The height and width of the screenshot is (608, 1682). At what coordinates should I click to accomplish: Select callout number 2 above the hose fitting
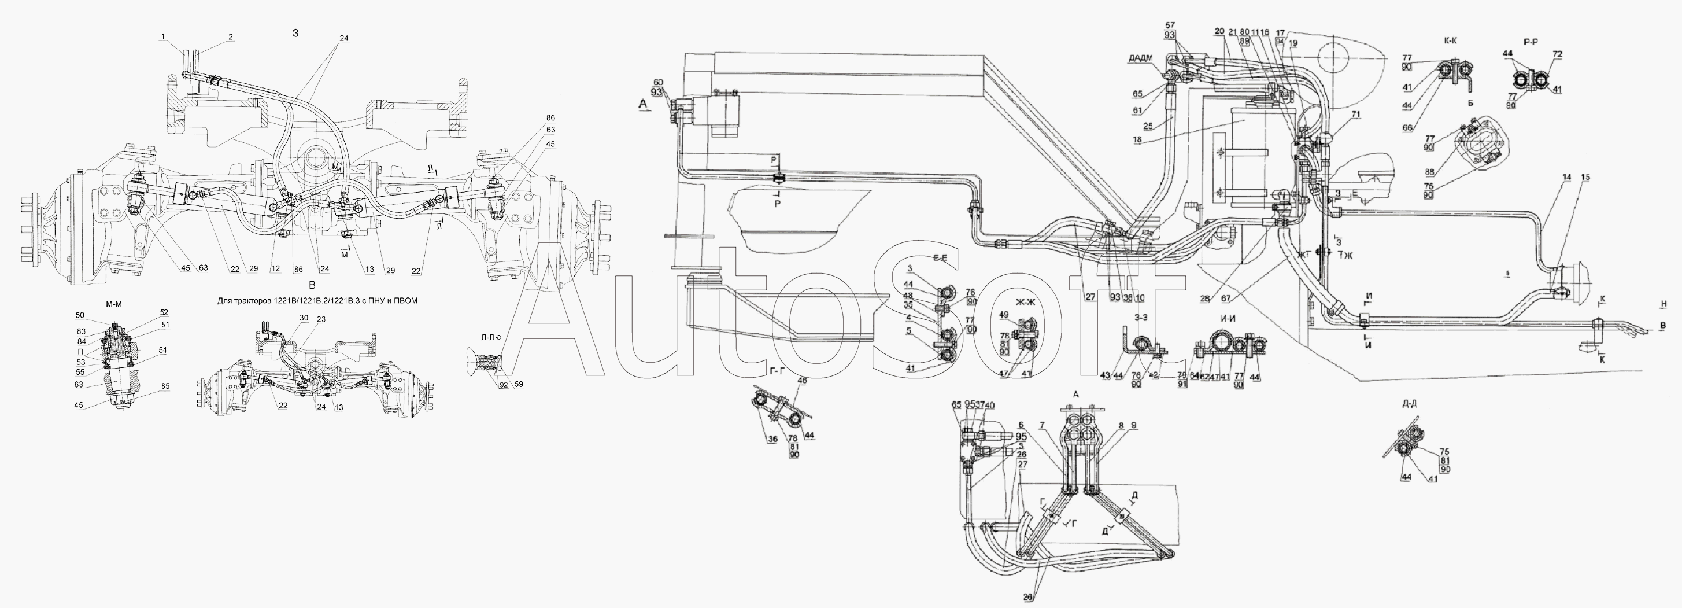tap(231, 38)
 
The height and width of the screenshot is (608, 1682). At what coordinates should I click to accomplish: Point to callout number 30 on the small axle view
tap(304, 318)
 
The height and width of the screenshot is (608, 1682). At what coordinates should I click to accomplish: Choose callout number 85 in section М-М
tap(165, 386)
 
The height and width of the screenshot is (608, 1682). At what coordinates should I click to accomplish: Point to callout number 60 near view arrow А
tap(657, 82)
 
